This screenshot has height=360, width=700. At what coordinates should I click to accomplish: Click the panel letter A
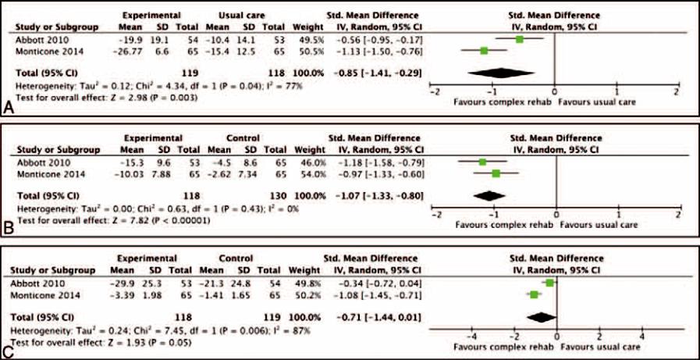click(9, 109)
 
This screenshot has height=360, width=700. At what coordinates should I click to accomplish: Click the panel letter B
click(9, 228)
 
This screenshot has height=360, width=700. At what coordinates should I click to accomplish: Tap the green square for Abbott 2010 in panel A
click(520, 38)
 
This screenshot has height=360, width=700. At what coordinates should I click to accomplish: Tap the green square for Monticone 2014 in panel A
click(485, 50)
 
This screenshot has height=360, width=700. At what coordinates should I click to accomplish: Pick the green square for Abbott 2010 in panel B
click(483, 162)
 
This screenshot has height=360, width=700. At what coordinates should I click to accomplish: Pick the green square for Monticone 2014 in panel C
click(534, 295)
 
